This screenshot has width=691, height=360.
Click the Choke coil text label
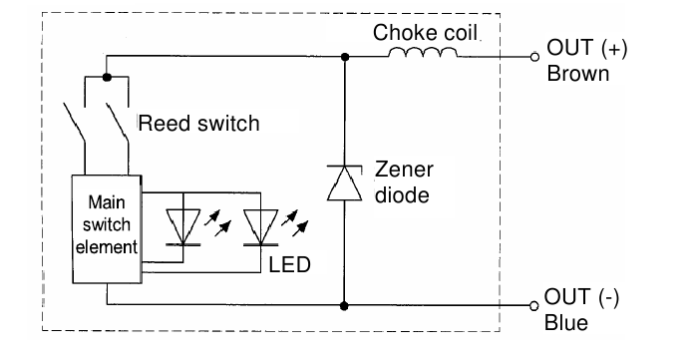click(427, 33)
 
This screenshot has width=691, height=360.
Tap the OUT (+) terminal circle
click(534, 58)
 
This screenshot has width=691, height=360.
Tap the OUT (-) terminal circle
click(534, 306)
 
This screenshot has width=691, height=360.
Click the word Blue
click(566, 323)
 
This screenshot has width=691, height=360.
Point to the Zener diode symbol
click(344, 183)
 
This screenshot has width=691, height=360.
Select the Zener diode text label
click(401, 182)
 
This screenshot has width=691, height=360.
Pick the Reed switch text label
click(197, 125)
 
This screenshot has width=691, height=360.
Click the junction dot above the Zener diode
click(344, 57)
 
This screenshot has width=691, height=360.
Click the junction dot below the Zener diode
click(344, 305)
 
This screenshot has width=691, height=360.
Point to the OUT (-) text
click(580, 298)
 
